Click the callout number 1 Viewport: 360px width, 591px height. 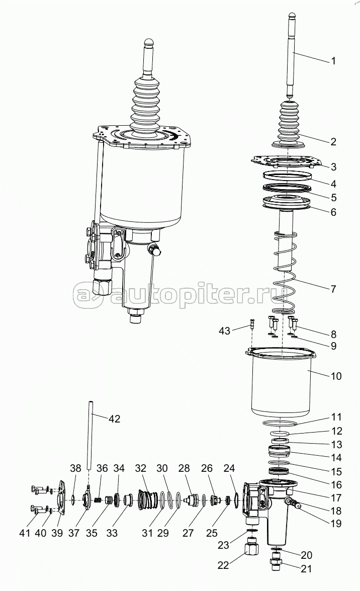333,61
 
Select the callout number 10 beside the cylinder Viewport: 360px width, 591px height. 335,376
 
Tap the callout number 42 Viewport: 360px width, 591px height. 114,418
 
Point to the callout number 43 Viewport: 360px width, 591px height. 224,331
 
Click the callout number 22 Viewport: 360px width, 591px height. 224,565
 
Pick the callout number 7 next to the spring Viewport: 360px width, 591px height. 333,289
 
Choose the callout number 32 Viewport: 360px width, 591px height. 141,468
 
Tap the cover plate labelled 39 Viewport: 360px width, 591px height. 61,499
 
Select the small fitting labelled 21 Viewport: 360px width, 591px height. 276,565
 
